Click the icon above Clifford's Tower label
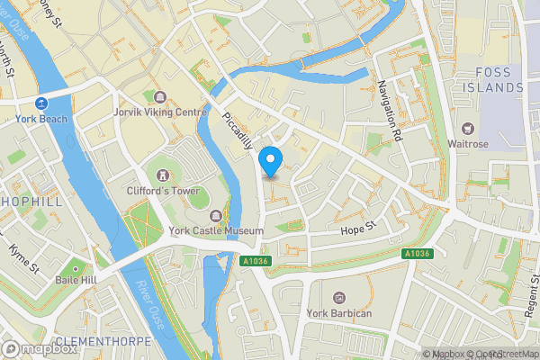163,173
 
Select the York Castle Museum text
216,230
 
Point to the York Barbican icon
339,297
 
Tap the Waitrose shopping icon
467,129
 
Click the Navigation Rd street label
389,111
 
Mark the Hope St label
357,231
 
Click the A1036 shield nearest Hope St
417,255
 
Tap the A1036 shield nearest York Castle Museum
256,261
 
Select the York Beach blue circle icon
41,103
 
